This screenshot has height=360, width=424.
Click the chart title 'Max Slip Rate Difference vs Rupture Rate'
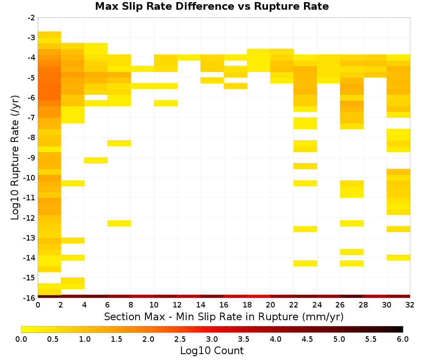[x=212, y=6]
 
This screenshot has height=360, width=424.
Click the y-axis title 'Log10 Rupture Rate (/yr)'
[x=15, y=158]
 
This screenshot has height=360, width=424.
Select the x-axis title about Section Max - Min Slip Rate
[x=223, y=316]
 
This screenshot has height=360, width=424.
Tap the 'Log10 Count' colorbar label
[x=212, y=351]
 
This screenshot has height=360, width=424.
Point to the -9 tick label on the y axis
[x=31, y=158]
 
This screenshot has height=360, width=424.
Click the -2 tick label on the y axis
[x=31, y=18]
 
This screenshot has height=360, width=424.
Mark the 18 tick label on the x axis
[x=247, y=305]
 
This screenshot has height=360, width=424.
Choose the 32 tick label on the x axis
[x=410, y=305]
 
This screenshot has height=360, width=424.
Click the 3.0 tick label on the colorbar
[x=212, y=339]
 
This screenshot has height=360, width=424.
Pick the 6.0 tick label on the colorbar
[x=403, y=339]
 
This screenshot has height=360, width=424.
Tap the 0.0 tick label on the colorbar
[x=21, y=339]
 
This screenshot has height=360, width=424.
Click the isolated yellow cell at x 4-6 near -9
[x=96, y=161]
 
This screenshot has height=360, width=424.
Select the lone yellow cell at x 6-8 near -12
[x=119, y=223]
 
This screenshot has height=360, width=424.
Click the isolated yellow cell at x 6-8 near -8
[x=119, y=143]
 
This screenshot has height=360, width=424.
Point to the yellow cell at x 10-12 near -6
[x=166, y=103]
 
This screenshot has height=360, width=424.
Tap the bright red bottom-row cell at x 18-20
[x=259, y=296]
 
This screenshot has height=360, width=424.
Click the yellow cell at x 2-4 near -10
[x=73, y=183]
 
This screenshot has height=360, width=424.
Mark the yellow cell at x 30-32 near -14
[x=398, y=258]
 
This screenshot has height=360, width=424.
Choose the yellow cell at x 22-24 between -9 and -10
[x=305, y=166]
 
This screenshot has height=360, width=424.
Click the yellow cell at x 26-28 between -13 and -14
[x=352, y=252]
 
